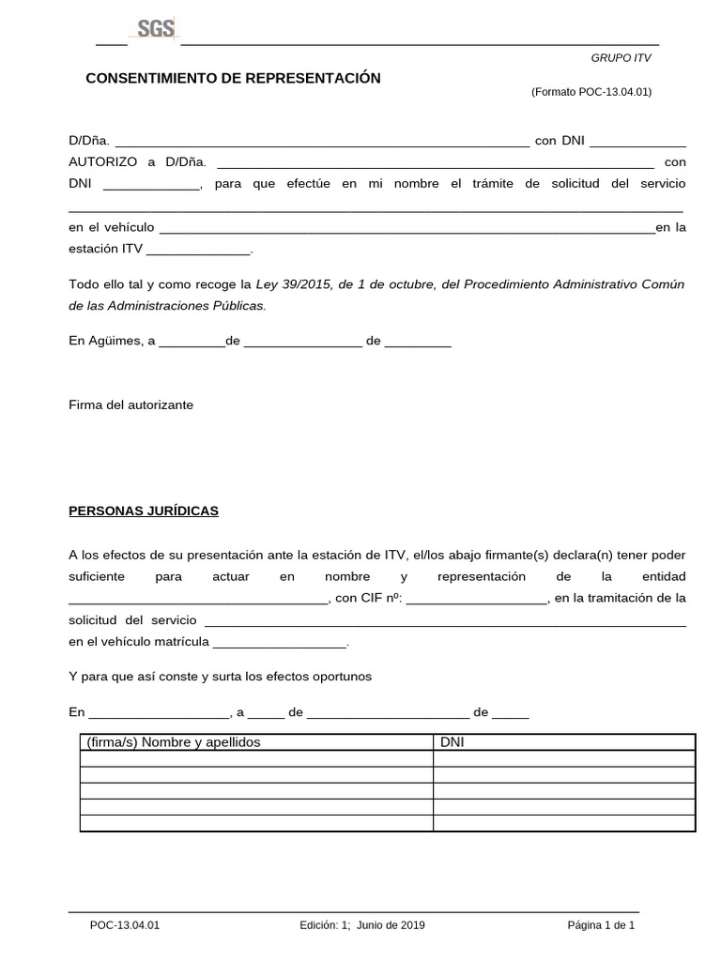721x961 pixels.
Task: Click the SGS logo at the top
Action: click(156, 30)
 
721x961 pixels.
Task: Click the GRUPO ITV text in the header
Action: click(620, 58)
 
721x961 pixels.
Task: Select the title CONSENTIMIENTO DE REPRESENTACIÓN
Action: click(233, 78)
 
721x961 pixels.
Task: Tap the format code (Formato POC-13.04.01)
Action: click(591, 92)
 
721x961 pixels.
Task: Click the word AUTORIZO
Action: click(103, 161)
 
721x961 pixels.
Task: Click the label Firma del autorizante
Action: click(130, 404)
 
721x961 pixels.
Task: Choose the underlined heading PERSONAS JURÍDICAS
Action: click(144, 511)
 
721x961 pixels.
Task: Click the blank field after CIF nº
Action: click(476, 598)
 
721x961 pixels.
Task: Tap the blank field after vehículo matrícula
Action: click(281, 643)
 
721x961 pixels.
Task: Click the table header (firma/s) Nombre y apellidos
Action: click(173, 742)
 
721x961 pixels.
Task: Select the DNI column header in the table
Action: click(453, 742)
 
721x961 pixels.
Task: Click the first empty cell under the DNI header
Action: click(563, 759)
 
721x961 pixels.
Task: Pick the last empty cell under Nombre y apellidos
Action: click(256, 823)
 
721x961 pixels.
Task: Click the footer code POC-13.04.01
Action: click(125, 925)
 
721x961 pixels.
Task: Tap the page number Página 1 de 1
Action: click(601, 925)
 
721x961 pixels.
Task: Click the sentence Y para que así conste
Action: click(221, 676)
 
